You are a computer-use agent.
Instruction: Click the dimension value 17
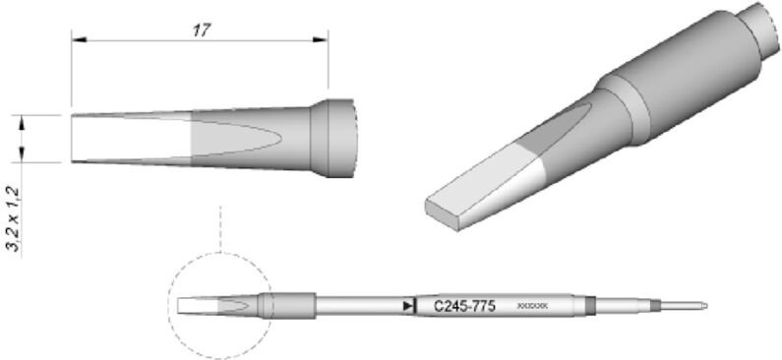click(x=201, y=30)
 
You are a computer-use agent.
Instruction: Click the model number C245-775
click(x=463, y=306)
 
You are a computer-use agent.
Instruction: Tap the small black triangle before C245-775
click(x=407, y=307)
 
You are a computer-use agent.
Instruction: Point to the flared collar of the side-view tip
click(x=335, y=139)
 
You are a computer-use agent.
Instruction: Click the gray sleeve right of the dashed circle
click(x=290, y=307)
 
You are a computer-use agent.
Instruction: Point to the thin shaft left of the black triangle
click(x=359, y=307)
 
